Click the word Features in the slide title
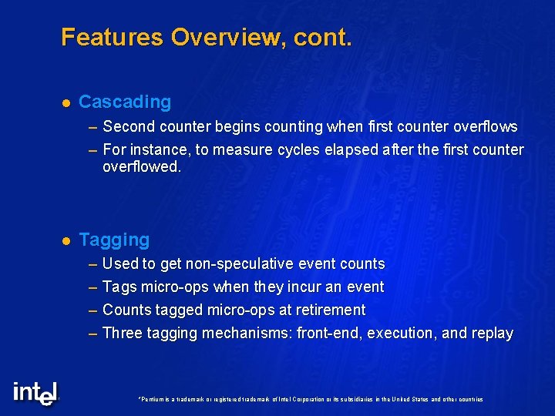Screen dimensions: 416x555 (x=113, y=37)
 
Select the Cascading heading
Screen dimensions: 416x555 (x=125, y=102)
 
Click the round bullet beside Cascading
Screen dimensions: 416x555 (x=66, y=102)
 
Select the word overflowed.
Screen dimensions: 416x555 (x=141, y=166)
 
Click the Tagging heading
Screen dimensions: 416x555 (x=114, y=240)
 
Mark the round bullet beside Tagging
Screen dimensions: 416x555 (x=66, y=241)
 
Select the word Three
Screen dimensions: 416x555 (x=122, y=333)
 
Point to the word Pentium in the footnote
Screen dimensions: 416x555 (x=150, y=400)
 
